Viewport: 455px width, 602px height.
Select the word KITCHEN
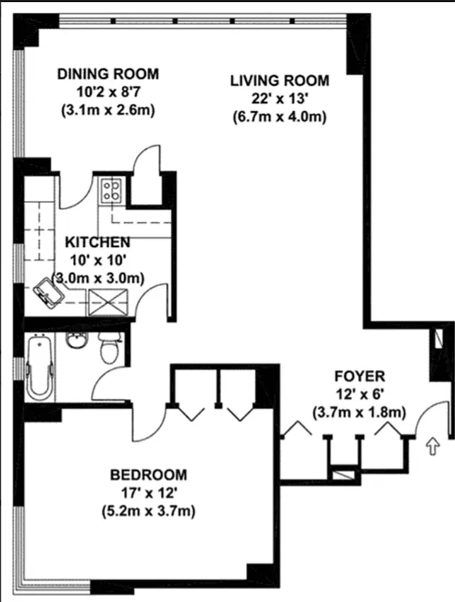[98, 242]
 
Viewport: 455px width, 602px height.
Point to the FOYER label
[359, 375]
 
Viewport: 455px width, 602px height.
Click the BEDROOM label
[148, 475]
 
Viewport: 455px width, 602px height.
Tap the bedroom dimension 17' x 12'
[148, 494]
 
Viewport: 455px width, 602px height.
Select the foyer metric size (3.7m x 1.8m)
[359, 412]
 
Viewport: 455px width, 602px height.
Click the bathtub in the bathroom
[38, 368]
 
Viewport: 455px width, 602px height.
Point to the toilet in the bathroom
[111, 348]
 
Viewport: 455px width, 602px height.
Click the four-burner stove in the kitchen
[112, 187]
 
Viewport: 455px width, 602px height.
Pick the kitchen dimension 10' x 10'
[98, 260]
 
